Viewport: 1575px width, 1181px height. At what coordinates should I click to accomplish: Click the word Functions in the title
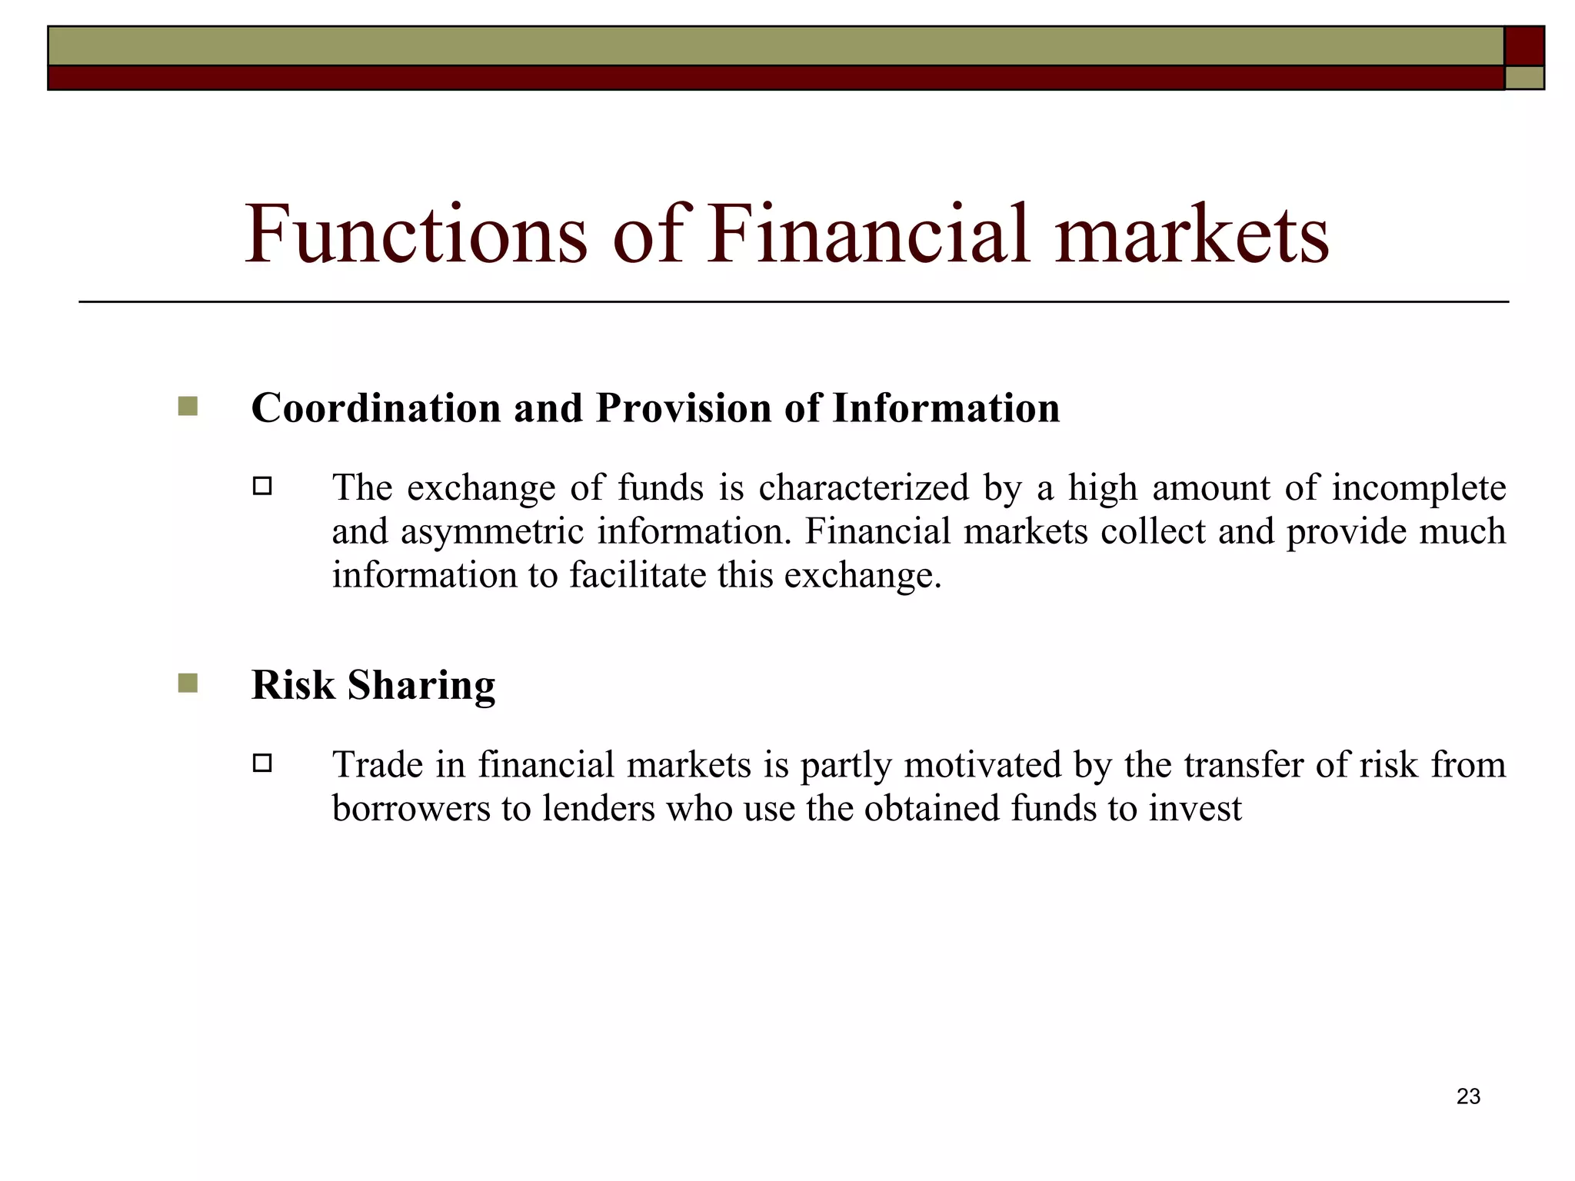(x=416, y=234)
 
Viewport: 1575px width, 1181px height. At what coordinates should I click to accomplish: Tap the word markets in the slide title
(x=1190, y=234)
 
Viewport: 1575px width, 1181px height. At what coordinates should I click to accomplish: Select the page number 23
(x=1468, y=1096)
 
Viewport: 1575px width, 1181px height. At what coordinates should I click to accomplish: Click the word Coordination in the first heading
(x=375, y=408)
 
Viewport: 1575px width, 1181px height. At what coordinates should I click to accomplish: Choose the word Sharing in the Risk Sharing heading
(x=421, y=684)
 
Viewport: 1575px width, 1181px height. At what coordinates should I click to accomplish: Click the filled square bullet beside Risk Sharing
(x=188, y=683)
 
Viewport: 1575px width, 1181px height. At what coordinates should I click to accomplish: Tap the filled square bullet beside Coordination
(x=188, y=406)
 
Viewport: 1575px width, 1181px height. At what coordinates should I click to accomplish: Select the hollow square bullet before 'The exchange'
(x=262, y=486)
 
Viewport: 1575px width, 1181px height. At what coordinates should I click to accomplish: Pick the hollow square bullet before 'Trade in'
(x=262, y=763)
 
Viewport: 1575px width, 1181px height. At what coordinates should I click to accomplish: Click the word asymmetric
(x=491, y=532)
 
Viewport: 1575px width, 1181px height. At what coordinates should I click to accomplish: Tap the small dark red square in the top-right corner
(x=1523, y=46)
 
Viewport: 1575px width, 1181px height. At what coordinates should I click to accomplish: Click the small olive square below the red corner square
(x=1523, y=78)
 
